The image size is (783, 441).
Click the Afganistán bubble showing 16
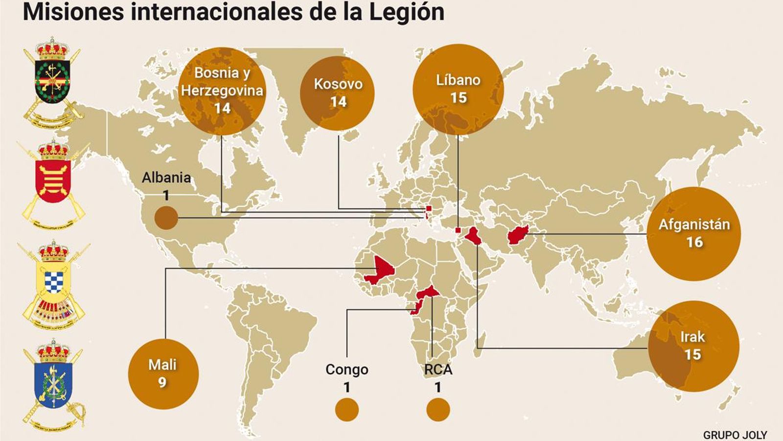point(693,234)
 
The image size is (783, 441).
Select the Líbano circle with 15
point(458,89)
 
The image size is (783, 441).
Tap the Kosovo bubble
point(338,93)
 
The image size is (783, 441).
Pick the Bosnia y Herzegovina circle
point(222,91)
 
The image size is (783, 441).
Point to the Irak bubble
point(693,346)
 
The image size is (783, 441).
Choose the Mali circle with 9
point(163,373)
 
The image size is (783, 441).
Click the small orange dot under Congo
point(346,410)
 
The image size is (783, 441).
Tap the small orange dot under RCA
point(438,410)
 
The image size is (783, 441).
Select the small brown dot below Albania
point(166,218)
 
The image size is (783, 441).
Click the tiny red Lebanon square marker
point(458,230)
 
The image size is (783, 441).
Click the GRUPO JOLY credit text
point(735,435)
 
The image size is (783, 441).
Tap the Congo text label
point(346,369)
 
